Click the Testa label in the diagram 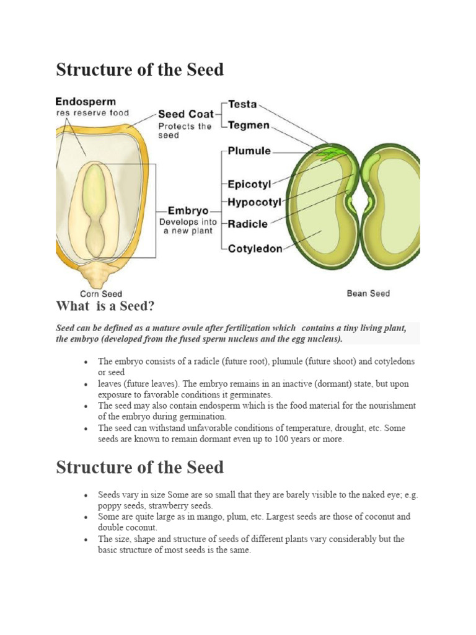(243, 104)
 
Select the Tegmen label (249, 125)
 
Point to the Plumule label (250, 151)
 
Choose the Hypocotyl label (255, 202)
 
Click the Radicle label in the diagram (248, 224)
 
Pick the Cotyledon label (255, 248)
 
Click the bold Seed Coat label (186, 114)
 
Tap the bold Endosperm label (86, 101)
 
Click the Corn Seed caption (101, 294)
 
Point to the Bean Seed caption (368, 293)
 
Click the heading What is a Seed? (105, 306)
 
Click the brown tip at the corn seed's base (95, 272)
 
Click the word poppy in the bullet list (109, 506)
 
